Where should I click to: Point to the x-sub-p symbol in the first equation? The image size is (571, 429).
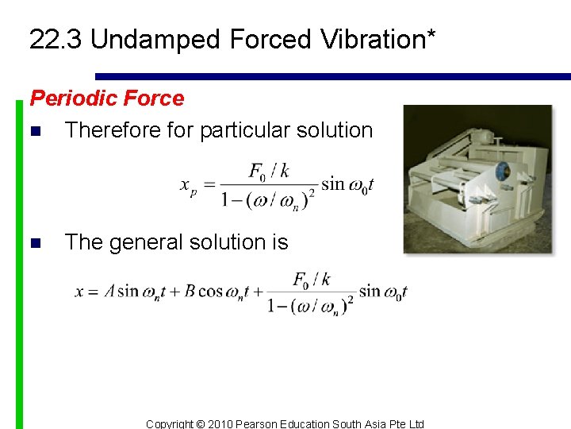[189, 187]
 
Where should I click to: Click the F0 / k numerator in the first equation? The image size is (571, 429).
[268, 172]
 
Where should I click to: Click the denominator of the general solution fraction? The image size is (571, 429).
[309, 306]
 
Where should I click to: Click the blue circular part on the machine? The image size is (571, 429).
[501, 172]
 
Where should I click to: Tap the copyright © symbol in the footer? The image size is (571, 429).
[201, 423]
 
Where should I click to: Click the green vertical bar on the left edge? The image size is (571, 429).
[19, 262]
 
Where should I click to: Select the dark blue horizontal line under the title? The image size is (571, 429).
[333, 77]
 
